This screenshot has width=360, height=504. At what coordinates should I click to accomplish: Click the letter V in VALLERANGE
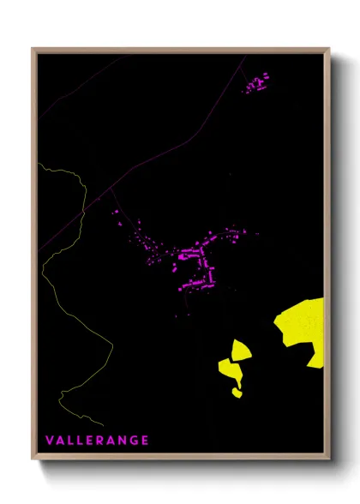coord(50,441)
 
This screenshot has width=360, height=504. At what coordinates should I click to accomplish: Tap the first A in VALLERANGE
coord(60,441)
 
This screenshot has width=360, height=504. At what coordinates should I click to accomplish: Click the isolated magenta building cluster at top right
coord(256,83)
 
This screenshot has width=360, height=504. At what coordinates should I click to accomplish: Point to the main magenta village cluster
coord(194,261)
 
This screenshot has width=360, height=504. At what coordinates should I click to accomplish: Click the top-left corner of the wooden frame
coord(33,49)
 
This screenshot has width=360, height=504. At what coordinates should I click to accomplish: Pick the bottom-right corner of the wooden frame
coord(329,459)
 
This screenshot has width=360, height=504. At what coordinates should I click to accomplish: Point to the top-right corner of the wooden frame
coord(329,49)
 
